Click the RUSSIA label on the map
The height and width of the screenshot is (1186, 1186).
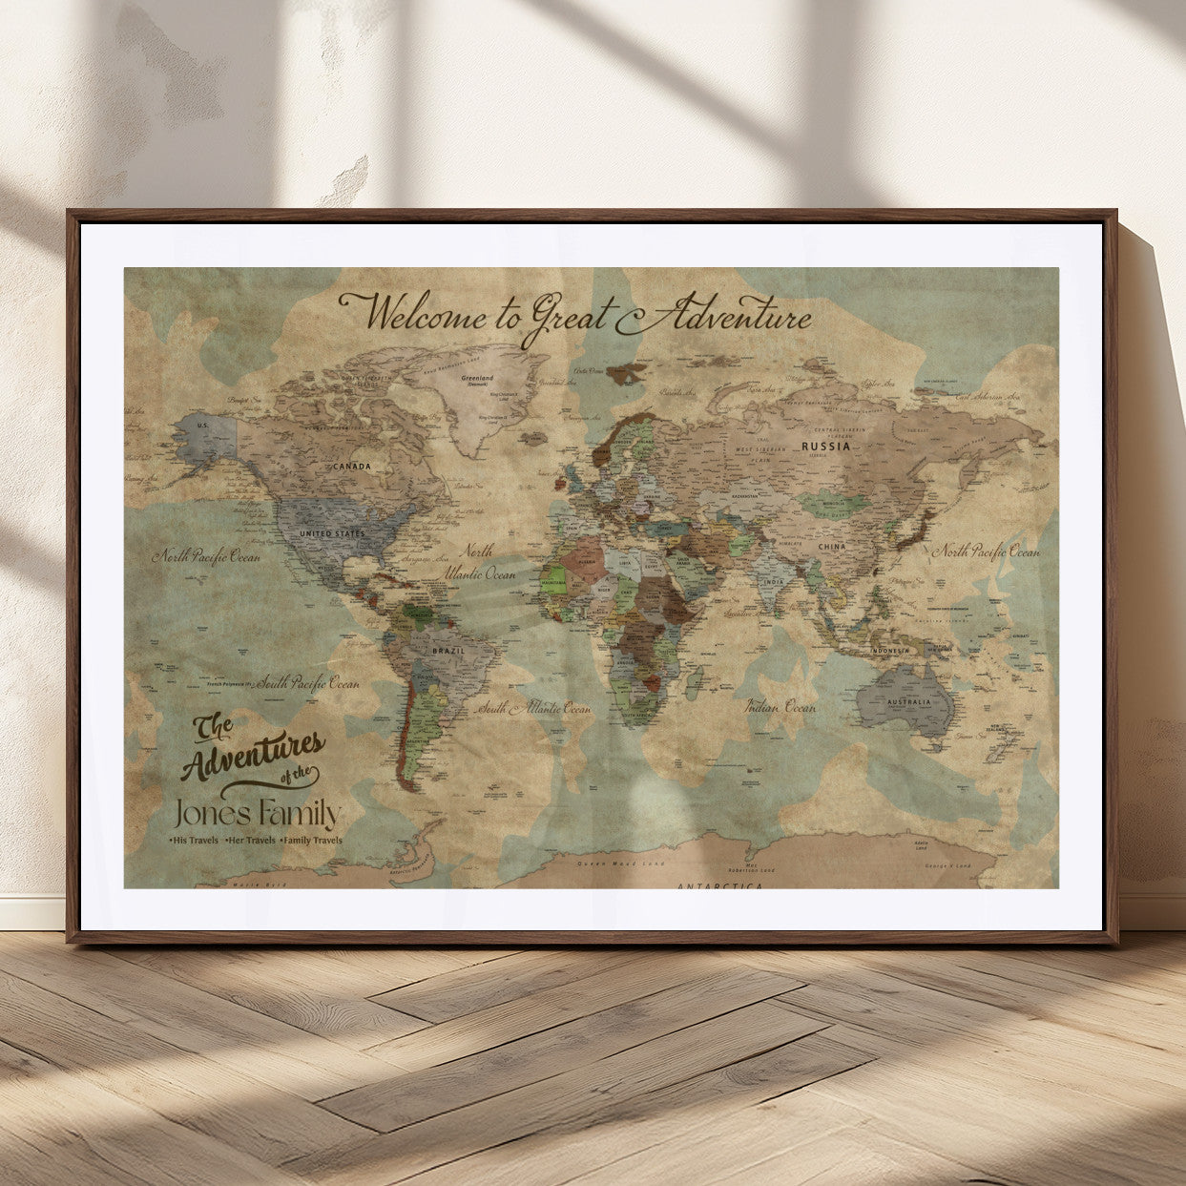click(825, 447)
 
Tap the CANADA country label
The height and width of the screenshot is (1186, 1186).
click(351, 467)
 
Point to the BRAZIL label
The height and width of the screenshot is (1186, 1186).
click(448, 651)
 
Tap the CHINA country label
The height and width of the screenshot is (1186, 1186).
click(831, 548)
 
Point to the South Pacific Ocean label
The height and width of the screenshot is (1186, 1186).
click(307, 683)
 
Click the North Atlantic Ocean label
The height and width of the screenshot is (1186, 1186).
click(478, 563)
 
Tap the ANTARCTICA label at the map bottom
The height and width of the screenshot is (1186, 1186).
click(719, 886)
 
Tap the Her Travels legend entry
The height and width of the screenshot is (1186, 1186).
click(249, 841)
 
